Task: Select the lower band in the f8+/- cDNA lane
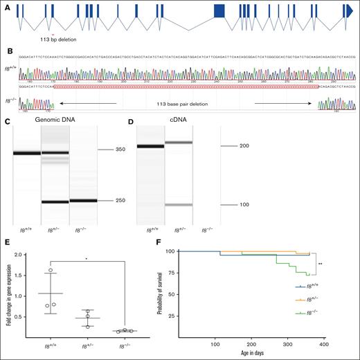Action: [178, 205]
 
